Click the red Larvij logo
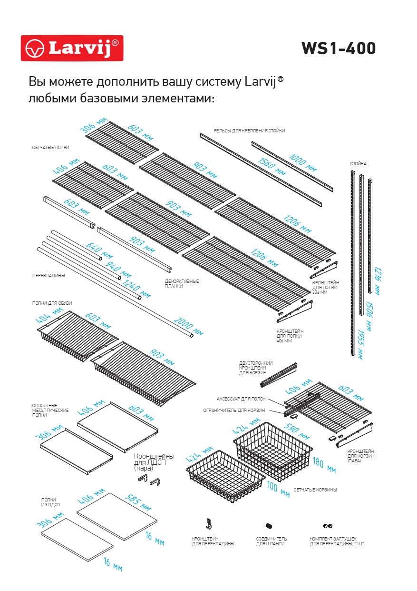(72, 48)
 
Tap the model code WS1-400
(338, 49)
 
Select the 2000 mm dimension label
(188, 326)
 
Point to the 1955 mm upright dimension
(359, 344)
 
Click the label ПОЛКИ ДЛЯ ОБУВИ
(52, 303)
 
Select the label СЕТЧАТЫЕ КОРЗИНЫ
(315, 490)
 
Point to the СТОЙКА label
(359, 163)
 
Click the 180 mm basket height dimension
(324, 466)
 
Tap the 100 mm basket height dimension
(279, 490)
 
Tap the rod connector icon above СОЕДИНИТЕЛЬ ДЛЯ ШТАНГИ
(269, 525)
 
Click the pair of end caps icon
(327, 526)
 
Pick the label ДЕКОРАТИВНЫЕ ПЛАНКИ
(182, 283)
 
